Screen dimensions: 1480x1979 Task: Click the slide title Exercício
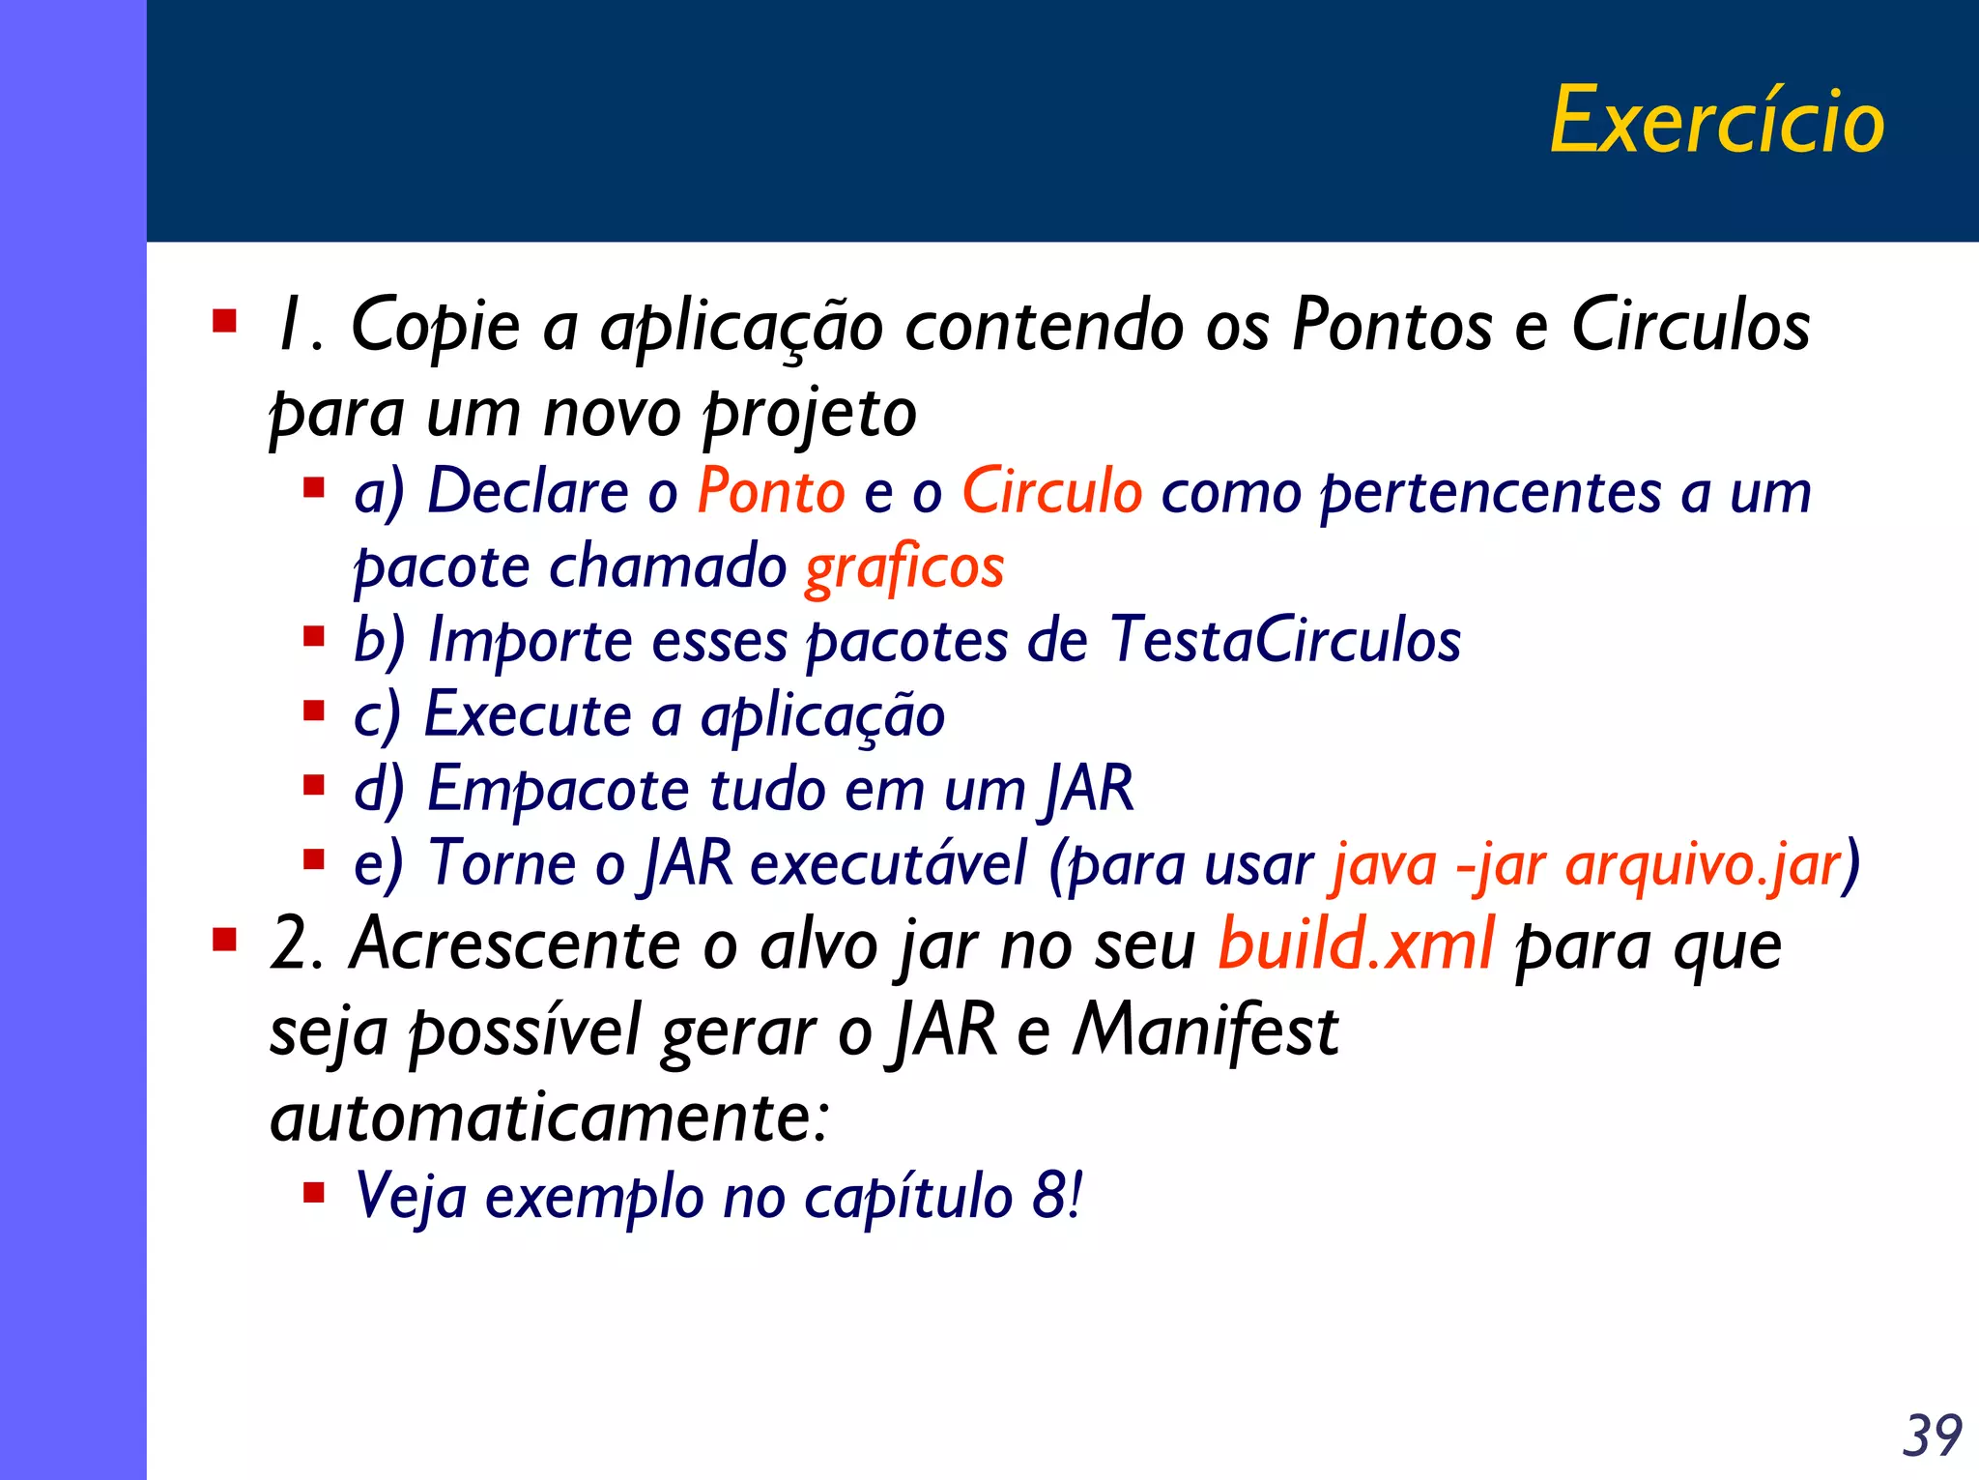coord(1717,121)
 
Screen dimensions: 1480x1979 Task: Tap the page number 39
coord(1932,1436)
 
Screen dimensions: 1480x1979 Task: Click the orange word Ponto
coord(771,491)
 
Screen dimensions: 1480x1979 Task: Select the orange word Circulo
coord(1052,491)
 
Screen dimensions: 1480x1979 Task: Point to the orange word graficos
coord(904,567)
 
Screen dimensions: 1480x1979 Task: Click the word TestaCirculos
coord(1285,640)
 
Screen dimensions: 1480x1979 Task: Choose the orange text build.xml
coord(1356,943)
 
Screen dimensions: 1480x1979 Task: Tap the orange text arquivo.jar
coord(1703,863)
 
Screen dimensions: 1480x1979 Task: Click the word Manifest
coord(1205,1030)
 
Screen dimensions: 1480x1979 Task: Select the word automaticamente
coord(549,1117)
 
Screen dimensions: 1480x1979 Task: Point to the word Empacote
coord(558,789)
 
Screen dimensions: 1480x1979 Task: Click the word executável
coord(888,863)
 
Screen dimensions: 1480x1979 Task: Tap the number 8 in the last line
coord(1049,1196)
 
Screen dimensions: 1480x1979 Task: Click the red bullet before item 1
coord(224,320)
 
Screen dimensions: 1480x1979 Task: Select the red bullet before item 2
coord(224,939)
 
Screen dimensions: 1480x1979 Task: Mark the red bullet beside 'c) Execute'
coord(313,711)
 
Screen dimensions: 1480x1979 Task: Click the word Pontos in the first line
coord(1391,325)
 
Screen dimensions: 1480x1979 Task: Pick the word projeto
coord(810,414)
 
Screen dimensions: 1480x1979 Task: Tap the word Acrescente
coord(515,943)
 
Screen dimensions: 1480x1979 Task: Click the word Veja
coord(411,1196)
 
